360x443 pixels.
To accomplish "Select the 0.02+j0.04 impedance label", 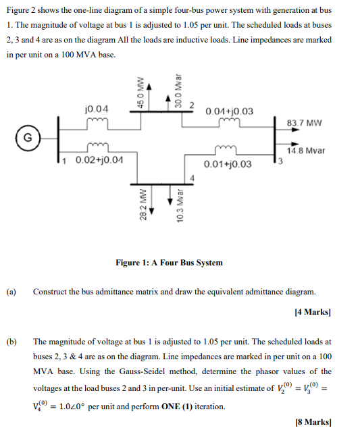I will pos(99,160).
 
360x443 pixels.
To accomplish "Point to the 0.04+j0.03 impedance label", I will pos(230,111).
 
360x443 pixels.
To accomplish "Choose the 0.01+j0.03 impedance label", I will pos(228,164).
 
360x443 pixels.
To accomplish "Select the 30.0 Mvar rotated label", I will pos(178,91).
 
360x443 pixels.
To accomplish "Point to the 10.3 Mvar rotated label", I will pos(178,205).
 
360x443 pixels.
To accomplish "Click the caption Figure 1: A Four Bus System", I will pos(169,263).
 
